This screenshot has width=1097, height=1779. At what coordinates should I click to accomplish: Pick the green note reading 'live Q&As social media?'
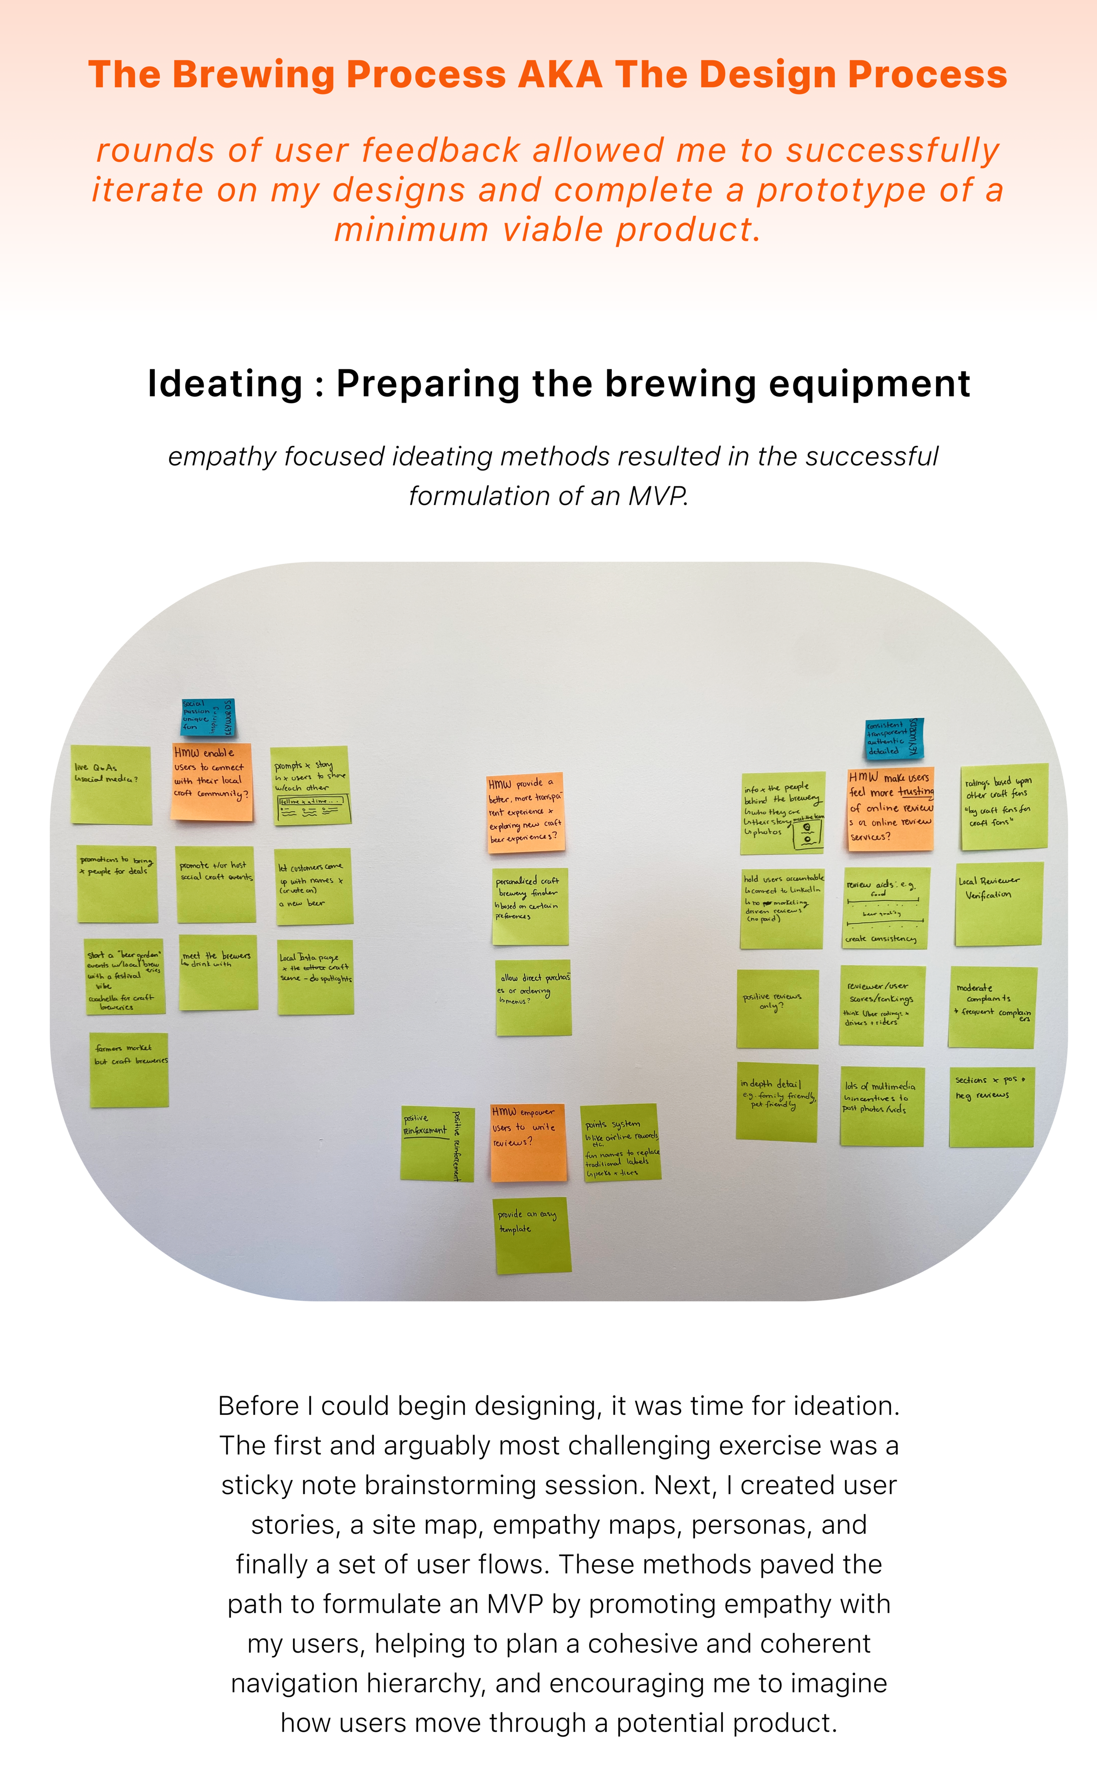(111, 785)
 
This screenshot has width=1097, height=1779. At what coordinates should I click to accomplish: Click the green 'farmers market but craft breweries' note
(129, 1070)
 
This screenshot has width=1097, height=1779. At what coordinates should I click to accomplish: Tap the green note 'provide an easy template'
(533, 1235)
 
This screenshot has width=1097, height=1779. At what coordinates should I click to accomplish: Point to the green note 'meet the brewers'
(218, 972)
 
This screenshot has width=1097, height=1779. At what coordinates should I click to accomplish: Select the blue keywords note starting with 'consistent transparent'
(894, 739)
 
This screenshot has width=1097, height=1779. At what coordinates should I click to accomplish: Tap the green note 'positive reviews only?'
(777, 1008)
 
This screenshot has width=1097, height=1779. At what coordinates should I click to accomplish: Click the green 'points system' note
(621, 1143)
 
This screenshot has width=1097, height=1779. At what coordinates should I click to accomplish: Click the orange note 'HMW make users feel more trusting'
(890, 808)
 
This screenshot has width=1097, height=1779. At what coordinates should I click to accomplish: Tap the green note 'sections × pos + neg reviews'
(991, 1106)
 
